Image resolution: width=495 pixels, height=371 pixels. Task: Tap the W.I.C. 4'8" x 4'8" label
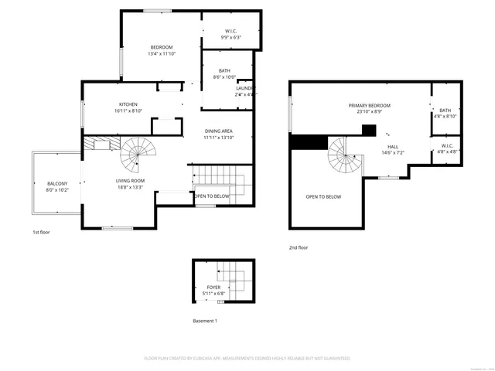pos(446,148)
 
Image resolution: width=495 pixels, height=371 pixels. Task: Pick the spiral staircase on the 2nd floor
pos(341,158)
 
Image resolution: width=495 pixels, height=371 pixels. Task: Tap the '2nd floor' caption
pos(298,247)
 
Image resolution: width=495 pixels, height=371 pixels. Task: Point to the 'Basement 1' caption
pos(205,321)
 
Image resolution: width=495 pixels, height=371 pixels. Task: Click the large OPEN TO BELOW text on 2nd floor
pos(323,197)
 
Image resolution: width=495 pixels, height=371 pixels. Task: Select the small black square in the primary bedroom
pos(369,130)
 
